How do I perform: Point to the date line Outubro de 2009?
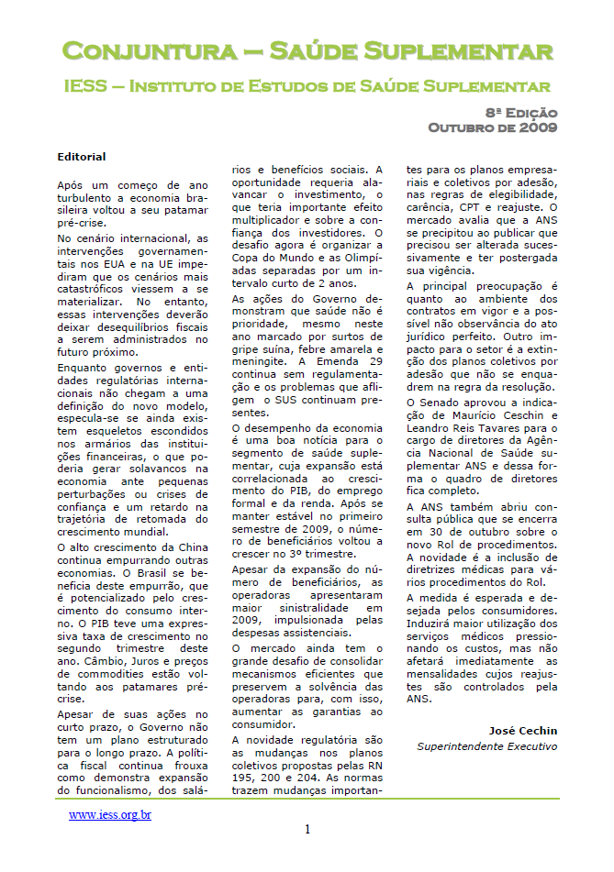493,127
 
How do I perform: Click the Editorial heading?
81,157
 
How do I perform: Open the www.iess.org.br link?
110,814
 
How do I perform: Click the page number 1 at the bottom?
307,830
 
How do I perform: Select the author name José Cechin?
522,731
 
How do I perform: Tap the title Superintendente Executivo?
486,746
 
